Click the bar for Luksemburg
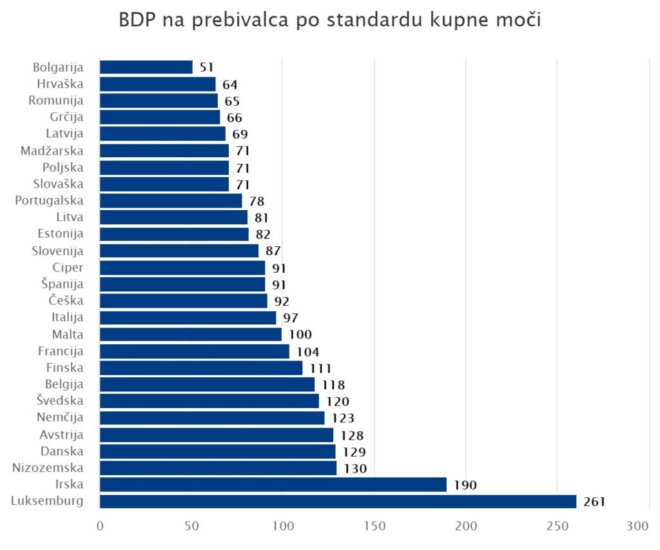coord(338,501)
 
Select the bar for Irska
coord(273,484)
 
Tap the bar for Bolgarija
coord(146,67)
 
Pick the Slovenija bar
coord(179,251)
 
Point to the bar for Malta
coord(191,334)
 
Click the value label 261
coord(594,502)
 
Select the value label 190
coord(465,485)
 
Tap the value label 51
coord(206,67)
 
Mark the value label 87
coord(273,251)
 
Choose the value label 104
coord(308,351)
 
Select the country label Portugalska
coord(49,200)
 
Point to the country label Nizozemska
coord(48,467)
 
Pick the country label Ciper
coord(68,267)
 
